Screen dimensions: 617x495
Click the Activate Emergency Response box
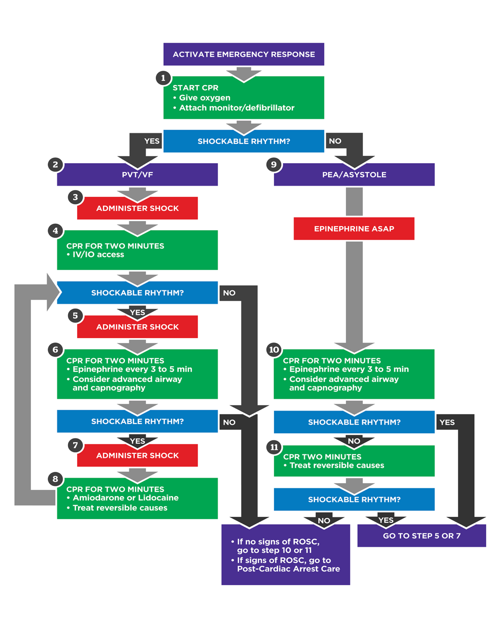tap(243, 54)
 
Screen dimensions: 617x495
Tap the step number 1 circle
tap(163, 78)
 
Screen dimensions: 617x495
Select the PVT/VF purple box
tap(137, 175)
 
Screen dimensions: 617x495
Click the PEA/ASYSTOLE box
tap(354, 175)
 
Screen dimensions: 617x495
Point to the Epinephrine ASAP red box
tap(354, 229)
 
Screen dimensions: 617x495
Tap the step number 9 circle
tap(274, 165)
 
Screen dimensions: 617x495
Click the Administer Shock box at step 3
tap(137, 208)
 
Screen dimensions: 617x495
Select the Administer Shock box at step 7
tap(137, 456)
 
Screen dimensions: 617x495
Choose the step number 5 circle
tap(75, 316)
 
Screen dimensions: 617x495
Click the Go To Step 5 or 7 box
tap(421, 536)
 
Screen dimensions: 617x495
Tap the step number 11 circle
tap(274, 447)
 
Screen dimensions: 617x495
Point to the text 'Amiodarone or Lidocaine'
tap(125, 498)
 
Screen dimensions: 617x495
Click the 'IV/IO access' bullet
tap(98, 255)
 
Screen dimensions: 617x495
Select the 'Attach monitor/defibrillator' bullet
tap(236, 108)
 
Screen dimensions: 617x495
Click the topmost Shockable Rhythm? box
tap(243, 141)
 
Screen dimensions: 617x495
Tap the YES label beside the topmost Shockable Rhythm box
tap(152, 141)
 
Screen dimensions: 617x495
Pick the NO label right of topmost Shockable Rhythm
tap(335, 141)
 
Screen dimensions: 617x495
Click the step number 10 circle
tap(274, 349)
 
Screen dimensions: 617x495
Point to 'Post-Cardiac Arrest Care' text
tap(288, 569)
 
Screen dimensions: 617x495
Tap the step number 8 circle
tap(55, 479)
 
